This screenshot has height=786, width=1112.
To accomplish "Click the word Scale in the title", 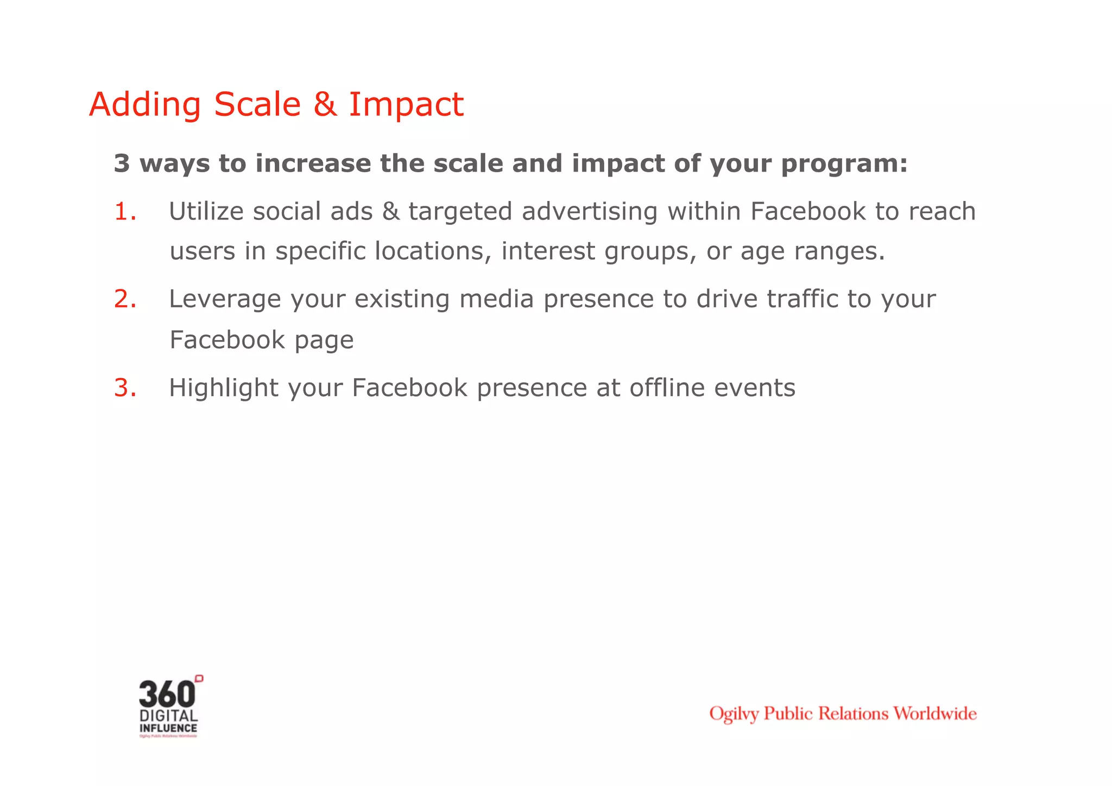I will pyautogui.click(x=257, y=104).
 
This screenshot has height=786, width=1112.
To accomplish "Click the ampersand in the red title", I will pyautogui.click(x=325, y=104).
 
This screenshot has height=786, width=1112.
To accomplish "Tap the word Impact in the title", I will pyautogui.click(x=406, y=104).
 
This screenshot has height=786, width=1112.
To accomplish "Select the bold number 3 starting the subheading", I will pyautogui.click(x=122, y=164).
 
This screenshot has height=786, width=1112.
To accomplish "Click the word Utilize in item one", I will pyautogui.click(x=206, y=211).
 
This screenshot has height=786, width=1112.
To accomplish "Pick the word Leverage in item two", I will pyautogui.click(x=225, y=299).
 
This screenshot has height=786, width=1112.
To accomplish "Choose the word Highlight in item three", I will pyautogui.click(x=223, y=388).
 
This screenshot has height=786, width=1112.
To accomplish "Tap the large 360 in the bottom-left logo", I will pyautogui.click(x=167, y=694).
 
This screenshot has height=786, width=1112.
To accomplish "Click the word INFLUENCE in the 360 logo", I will pyautogui.click(x=168, y=728).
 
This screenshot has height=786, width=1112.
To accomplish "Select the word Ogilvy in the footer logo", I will pyautogui.click(x=734, y=714).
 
